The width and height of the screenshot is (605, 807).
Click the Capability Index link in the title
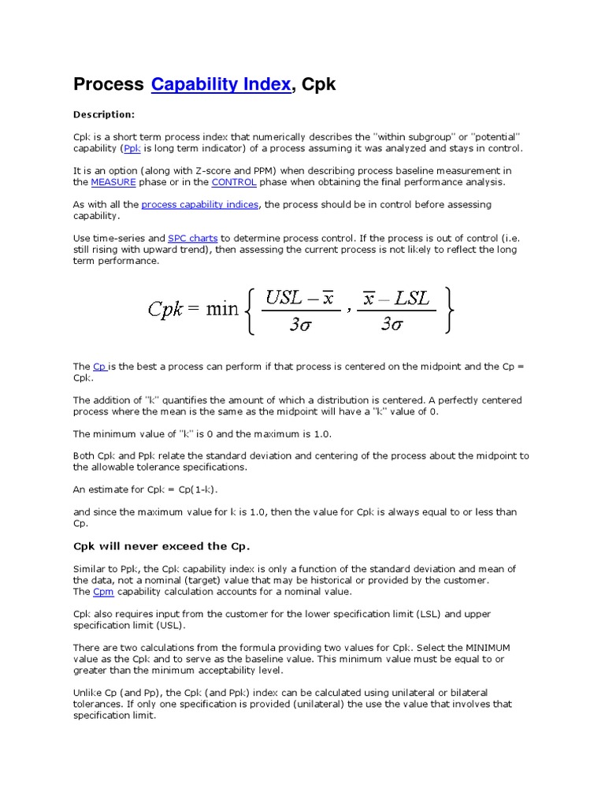pyautogui.click(x=221, y=84)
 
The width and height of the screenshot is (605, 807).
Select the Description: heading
pyautogui.click(x=104, y=114)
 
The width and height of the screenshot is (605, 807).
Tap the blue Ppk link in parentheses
pyautogui.click(x=132, y=148)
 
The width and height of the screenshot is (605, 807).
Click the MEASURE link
pyautogui.click(x=113, y=182)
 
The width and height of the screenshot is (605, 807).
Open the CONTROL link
pyautogui.click(x=234, y=182)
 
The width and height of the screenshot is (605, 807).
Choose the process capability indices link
pyautogui.click(x=200, y=204)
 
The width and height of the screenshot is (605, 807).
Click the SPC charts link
pyautogui.click(x=193, y=237)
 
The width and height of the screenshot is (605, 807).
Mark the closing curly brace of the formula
pyautogui.click(x=448, y=311)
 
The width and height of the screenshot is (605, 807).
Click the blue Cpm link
pyautogui.click(x=103, y=591)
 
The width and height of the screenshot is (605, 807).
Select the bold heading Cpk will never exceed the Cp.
pyautogui.click(x=161, y=546)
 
